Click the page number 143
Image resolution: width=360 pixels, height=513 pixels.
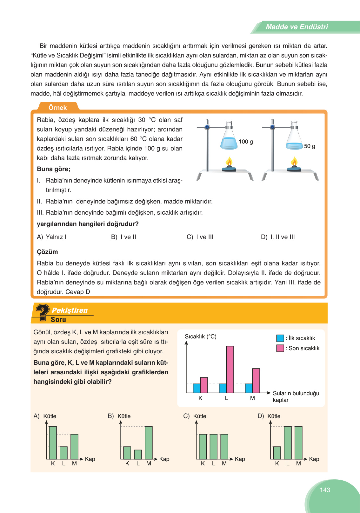click(x=325, y=490)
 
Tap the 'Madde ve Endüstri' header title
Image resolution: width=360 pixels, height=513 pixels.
click(x=297, y=27)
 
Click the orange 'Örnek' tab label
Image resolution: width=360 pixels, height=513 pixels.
click(x=57, y=108)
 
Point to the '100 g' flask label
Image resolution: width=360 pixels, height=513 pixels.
click(x=246, y=142)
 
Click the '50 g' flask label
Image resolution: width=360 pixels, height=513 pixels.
click(x=310, y=146)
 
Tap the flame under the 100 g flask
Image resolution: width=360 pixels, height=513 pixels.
click(x=229, y=162)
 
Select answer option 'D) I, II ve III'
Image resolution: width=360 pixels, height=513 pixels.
click(x=278, y=237)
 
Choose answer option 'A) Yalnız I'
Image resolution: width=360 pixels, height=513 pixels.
click(x=52, y=237)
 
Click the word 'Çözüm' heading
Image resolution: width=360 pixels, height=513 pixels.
click(x=47, y=252)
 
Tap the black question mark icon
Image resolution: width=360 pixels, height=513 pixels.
click(x=43, y=311)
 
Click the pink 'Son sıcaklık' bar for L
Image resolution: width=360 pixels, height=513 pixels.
click(x=230, y=369)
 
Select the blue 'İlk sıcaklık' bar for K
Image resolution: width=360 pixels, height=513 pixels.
click(x=197, y=388)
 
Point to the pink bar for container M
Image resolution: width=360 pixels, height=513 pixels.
click(x=256, y=381)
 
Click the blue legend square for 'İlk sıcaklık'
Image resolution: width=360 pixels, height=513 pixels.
click(x=280, y=338)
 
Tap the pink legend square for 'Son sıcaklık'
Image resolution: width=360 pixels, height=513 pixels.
click(x=280, y=348)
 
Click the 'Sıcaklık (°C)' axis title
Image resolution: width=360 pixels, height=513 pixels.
click(x=201, y=336)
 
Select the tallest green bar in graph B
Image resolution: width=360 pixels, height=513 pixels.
click(x=149, y=443)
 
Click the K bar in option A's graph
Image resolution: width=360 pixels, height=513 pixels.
click(x=53, y=443)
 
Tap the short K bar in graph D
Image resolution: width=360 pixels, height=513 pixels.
click(x=277, y=453)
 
